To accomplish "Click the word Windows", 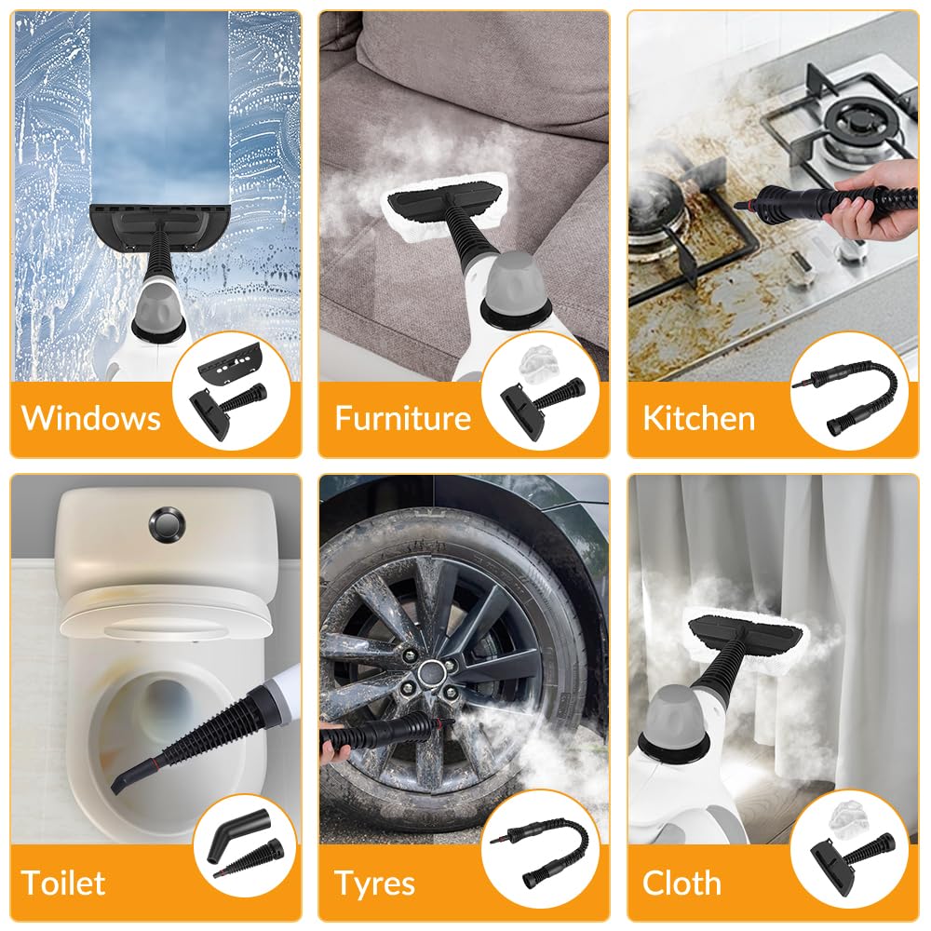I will click(91, 417).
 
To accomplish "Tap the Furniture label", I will click(403, 417).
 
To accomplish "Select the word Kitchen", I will click(698, 417).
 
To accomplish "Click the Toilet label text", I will click(63, 882).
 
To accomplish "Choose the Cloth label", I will click(681, 882).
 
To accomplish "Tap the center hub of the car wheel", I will click(434, 674).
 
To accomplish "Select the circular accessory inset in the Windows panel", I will click(234, 388).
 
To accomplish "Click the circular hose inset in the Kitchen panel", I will click(849, 389).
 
